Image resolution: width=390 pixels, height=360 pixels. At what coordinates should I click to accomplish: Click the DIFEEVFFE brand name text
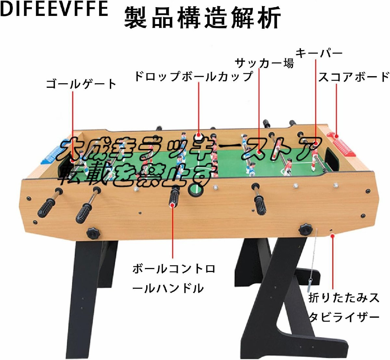54,9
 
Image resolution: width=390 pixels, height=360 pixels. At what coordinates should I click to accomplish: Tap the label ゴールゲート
81,84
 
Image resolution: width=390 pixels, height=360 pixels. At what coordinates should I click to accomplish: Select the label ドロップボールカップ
193,77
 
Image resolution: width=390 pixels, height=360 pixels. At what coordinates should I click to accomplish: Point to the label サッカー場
264,63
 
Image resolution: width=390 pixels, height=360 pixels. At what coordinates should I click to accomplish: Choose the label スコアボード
354,77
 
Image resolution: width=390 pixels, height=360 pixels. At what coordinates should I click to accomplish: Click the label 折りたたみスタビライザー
344,307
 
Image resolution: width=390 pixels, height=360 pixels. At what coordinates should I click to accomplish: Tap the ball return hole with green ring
195,191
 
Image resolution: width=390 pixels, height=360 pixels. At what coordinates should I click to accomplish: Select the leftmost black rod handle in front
47,207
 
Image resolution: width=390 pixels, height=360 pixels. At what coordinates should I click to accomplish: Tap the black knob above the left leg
93,233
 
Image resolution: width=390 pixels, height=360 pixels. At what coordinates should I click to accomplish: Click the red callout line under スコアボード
336,111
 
